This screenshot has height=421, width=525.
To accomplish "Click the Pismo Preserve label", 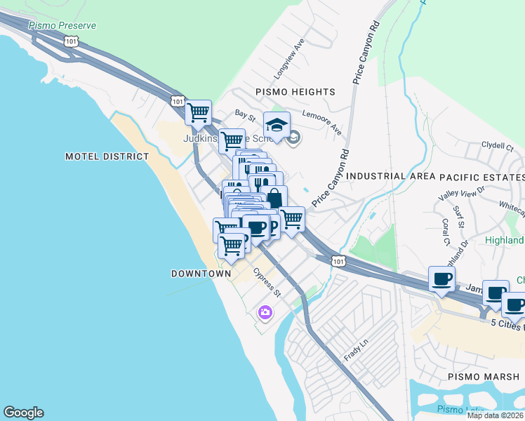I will pyautogui.click(x=62, y=26).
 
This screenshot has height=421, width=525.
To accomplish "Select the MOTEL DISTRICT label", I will pyautogui.click(x=107, y=156).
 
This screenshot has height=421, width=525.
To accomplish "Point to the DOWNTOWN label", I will pyautogui.click(x=201, y=273).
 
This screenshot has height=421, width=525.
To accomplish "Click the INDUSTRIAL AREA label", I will pyautogui.click(x=386, y=176).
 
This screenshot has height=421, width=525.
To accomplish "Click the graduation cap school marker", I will pyautogui.click(x=277, y=125).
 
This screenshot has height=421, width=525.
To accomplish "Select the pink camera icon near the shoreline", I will pyautogui.click(x=265, y=312).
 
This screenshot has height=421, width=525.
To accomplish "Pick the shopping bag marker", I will pyautogui.click(x=274, y=196).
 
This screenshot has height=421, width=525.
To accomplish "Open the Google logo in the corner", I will pyautogui.click(x=23, y=413).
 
